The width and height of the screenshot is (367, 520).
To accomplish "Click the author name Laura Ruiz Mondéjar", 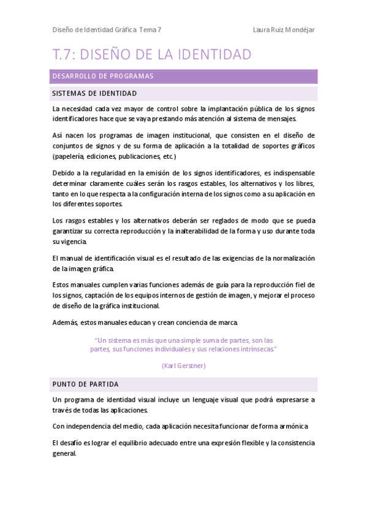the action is point(284,29).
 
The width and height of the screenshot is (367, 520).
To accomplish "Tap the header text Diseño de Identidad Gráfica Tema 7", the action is point(107,29).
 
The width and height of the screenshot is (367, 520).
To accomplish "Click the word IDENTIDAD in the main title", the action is point(212,55).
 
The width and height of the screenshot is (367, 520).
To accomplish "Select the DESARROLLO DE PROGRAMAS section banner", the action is point(184,76).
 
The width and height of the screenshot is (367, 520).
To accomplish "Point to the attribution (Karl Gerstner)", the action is point(184,365).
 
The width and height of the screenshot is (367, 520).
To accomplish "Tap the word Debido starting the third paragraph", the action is point(64,173).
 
